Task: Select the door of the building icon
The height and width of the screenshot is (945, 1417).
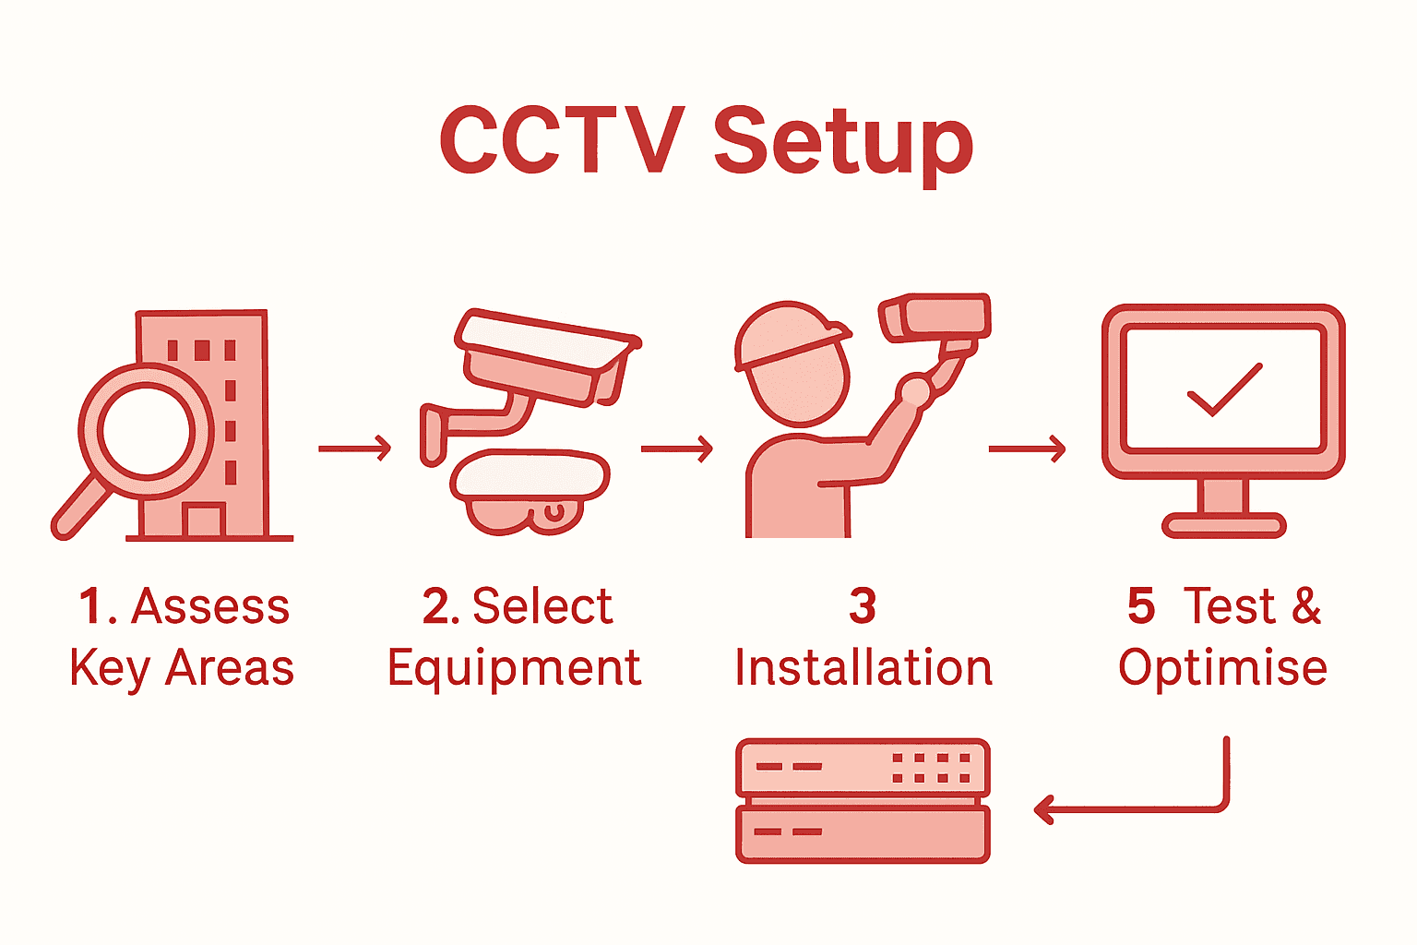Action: click(x=204, y=520)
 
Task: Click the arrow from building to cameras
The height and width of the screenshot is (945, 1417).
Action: click(x=354, y=449)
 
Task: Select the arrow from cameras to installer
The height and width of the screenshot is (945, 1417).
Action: click(x=676, y=449)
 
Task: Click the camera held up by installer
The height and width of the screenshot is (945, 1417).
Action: click(x=935, y=317)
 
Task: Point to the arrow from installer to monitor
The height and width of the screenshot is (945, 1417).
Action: click(x=1026, y=449)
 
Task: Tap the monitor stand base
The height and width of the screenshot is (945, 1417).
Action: click(x=1223, y=526)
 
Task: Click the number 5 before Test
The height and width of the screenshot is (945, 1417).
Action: click(x=1141, y=606)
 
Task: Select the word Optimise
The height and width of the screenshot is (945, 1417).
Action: click(x=1222, y=667)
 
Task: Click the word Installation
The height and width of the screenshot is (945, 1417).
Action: click(x=863, y=667)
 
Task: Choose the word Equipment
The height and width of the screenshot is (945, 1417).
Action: click(x=514, y=667)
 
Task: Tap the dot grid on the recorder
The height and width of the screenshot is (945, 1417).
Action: click(x=931, y=768)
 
